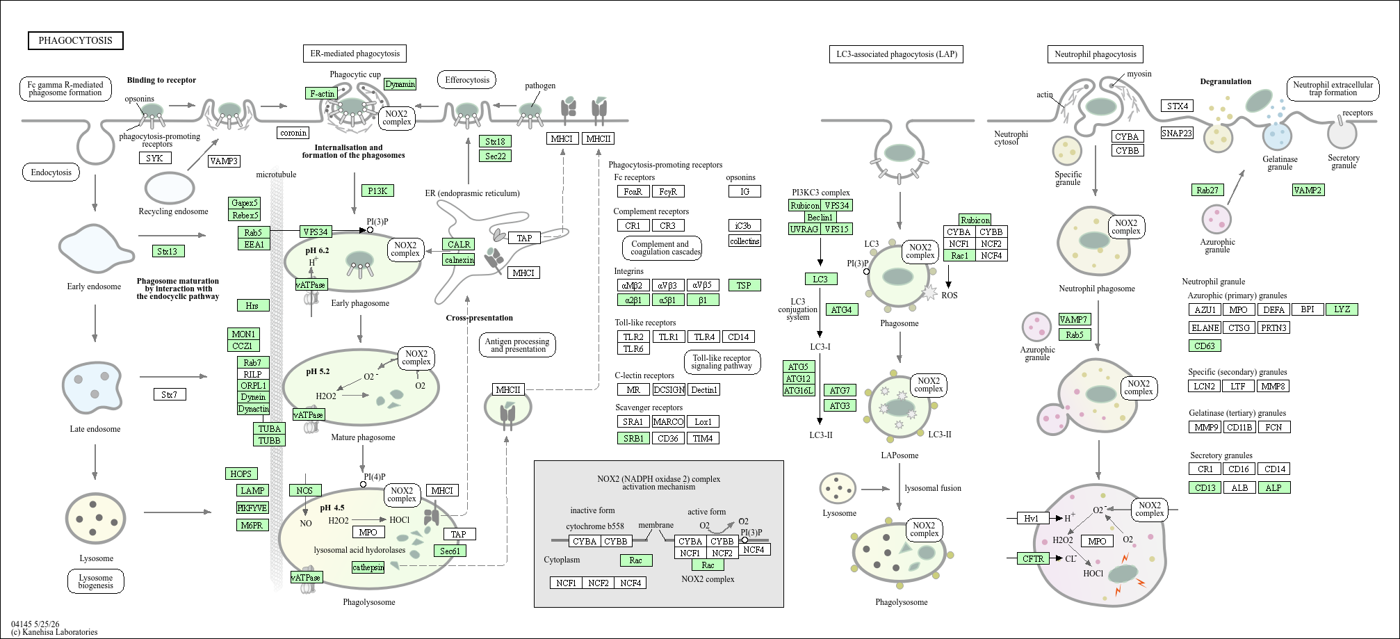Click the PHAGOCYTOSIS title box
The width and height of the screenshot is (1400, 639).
pyautogui.click(x=76, y=40)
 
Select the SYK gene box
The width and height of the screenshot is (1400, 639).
pyautogui.click(x=154, y=158)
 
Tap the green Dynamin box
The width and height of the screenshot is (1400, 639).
pyautogui.click(x=400, y=84)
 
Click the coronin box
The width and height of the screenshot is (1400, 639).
pyautogui.click(x=293, y=133)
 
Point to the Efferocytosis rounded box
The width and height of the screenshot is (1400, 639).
pyautogui.click(x=467, y=80)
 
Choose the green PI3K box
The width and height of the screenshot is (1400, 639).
pyautogui.click(x=377, y=191)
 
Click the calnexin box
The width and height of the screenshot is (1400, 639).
pyautogui.click(x=459, y=259)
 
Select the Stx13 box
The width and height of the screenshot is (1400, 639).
pyautogui.click(x=168, y=251)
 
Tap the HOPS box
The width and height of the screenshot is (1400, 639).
pyautogui.click(x=241, y=474)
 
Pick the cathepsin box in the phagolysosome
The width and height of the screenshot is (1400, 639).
pyautogui.click(x=368, y=567)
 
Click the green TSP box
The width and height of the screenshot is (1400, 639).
pyautogui.click(x=744, y=285)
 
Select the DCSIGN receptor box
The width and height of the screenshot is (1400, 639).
pyautogui.click(x=669, y=390)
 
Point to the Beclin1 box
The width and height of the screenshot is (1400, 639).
pyautogui.click(x=820, y=218)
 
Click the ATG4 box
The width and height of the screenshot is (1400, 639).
pyautogui.click(x=841, y=309)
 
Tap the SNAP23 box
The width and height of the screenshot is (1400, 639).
pyautogui.click(x=1177, y=133)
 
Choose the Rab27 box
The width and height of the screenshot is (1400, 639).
pyautogui.click(x=1207, y=190)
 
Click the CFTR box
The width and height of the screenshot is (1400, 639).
pyautogui.click(x=1033, y=558)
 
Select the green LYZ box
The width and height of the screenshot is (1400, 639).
pyautogui.click(x=1342, y=309)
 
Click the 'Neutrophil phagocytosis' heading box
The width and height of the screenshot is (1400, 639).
pyautogui.click(x=1095, y=54)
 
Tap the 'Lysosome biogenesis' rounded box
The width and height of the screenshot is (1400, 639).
pyautogui.click(x=96, y=581)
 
